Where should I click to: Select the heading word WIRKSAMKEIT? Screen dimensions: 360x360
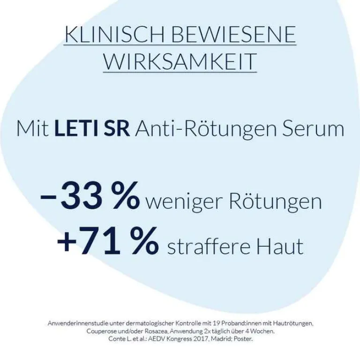(180, 62)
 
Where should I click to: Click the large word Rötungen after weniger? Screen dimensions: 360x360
(275, 202)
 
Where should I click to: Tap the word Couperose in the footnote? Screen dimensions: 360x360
(101, 331)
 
